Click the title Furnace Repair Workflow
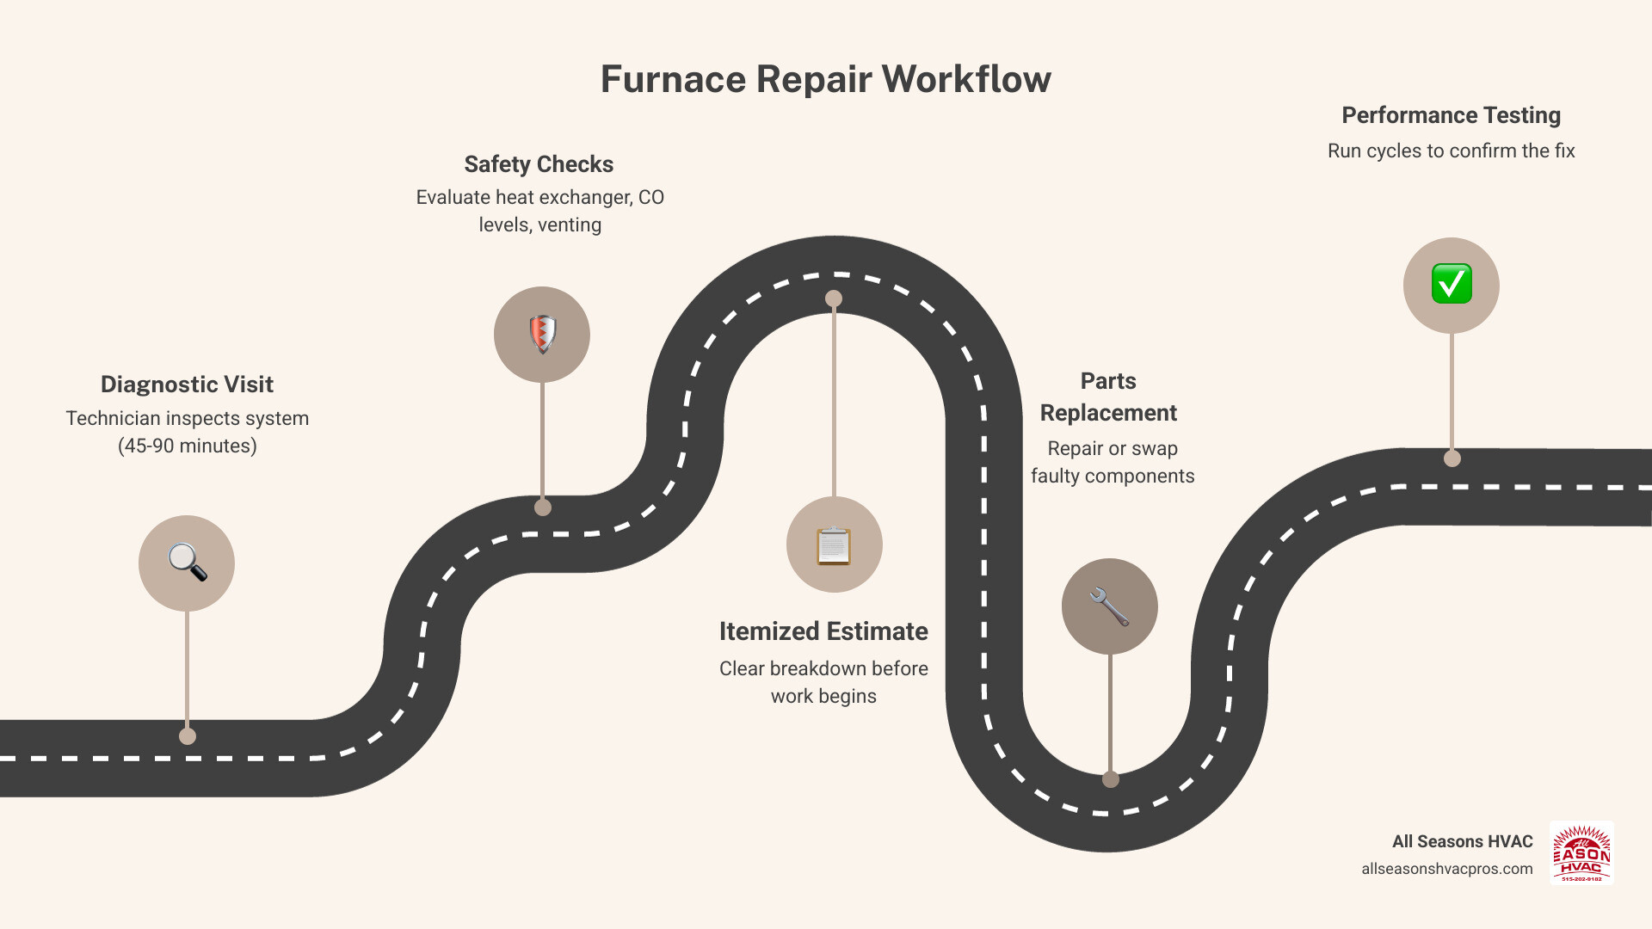click(x=825, y=79)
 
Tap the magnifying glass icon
click(x=187, y=563)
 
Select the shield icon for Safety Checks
click(x=542, y=335)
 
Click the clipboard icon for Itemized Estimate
click(x=834, y=545)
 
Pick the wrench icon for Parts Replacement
click(x=1109, y=606)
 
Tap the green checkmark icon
click(x=1452, y=285)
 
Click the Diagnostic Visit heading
click(x=187, y=385)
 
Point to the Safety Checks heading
click(x=539, y=164)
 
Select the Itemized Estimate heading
click(x=823, y=631)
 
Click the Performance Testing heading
click(x=1451, y=115)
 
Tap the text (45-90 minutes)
click(x=187, y=446)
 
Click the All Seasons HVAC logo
click(x=1581, y=853)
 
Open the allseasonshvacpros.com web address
click(x=1446, y=869)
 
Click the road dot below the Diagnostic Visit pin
click(x=188, y=736)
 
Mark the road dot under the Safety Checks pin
click(x=543, y=508)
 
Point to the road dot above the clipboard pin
click(x=834, y=298)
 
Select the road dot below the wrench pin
click(x=1111, y=779)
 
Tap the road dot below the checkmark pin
click(x=1452, y=458)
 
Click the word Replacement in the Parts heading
click(x=1108, y=413)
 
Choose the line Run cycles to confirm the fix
click(x=1451, y=151)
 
